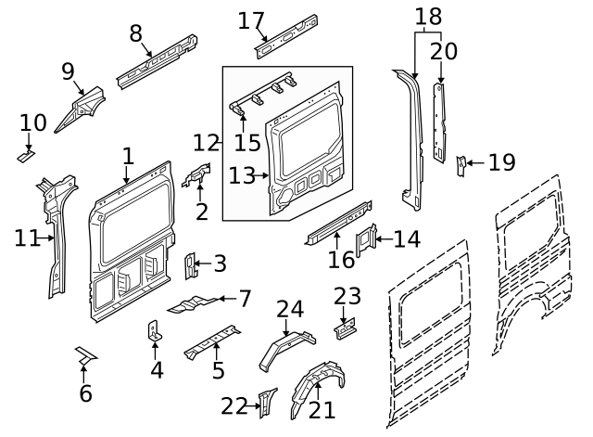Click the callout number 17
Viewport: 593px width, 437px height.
(x=251, y=19)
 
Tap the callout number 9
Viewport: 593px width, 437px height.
(x=68, y=71)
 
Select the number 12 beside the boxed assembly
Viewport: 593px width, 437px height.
(x=207, y=143)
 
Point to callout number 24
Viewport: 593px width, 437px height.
(x=289, y=309)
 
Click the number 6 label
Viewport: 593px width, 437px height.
(x=85, y=393)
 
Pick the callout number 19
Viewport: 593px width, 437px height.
(x=501, y=163)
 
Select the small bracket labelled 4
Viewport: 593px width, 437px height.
(x=155, y=331)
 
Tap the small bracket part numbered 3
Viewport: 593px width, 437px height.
(x=191, y=266)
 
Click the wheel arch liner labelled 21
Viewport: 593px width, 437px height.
(x=315, y=390)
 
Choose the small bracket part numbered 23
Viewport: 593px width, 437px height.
(x=347, y=326)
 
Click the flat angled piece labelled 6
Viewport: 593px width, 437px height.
(x=86, y=354)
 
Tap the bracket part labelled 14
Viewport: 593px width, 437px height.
(x=366, y=239)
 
